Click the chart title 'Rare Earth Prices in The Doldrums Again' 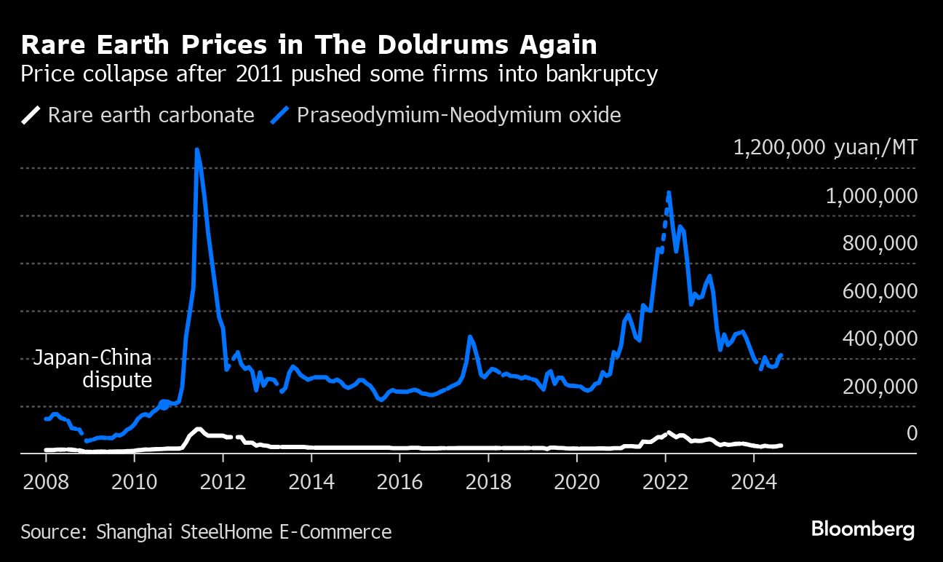click(309, 45)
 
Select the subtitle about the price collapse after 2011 click(339, 74)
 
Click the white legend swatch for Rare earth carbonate click(31, 115)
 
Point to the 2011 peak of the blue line click(197, 151)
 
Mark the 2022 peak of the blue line click(669, 193)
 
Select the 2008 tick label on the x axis click(46, 482)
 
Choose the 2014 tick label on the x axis click(311, 482)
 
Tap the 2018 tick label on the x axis click(488, 482)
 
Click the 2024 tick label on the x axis click(753, 482)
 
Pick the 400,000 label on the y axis click(879, 339)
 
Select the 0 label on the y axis click(910, 434)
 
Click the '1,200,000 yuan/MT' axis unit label click(825, 149)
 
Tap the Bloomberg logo click(862, 529)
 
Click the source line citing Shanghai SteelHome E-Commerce click(206, 531)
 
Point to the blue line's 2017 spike click(470, 337)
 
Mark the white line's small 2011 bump click(197, 429)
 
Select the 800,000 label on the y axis click(879, 244)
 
